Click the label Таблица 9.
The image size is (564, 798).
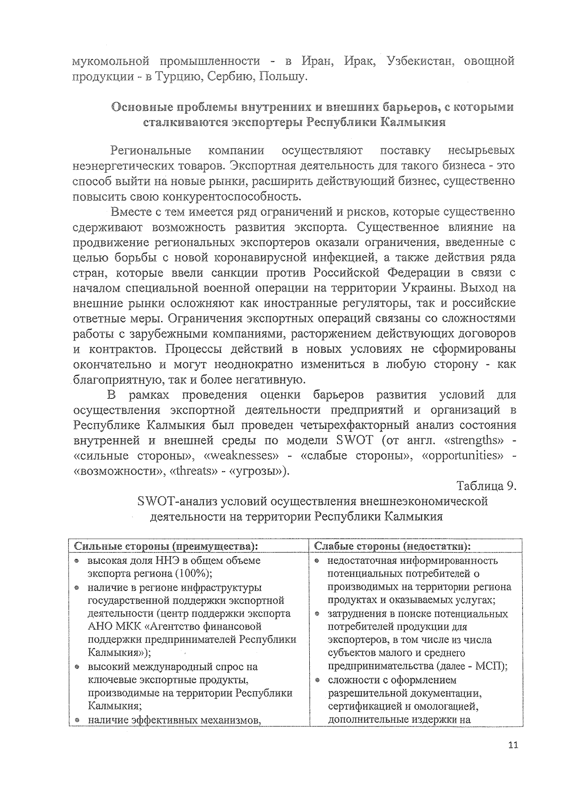pos(486,486)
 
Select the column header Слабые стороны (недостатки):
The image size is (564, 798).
pos(392,546)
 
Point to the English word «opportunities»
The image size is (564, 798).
pos(464,456)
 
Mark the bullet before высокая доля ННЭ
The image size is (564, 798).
pos(77,561)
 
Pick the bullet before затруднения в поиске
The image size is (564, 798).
pos(318,614)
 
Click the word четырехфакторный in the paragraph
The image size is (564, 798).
pos(356,426)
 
